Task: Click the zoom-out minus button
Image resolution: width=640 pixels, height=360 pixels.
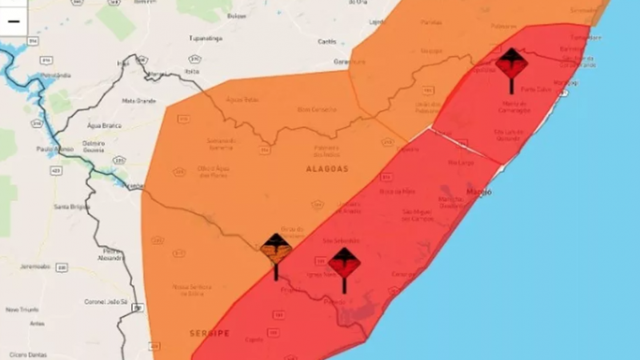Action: coord(14,22)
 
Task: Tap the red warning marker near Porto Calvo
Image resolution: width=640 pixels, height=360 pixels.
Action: coord(511,62)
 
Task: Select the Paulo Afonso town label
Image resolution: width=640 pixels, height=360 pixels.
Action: coord(53,149)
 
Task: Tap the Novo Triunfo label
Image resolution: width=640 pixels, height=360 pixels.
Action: coord(22,309)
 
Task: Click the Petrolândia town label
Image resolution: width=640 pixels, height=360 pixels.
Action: coord(53,76)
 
